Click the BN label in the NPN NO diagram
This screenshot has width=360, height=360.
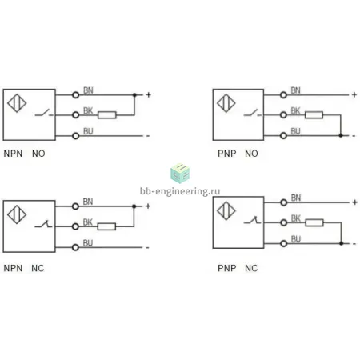click(88, 90)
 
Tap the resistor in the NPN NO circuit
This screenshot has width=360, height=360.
click(107, 115)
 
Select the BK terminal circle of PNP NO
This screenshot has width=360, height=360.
click(283, 115)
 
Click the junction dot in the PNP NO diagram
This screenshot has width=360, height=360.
click(341, 135)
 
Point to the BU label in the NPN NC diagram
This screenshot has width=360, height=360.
click(88, 243)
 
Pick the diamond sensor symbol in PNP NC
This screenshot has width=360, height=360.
click(226, 210)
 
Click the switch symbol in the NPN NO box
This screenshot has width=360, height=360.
click(44, 113)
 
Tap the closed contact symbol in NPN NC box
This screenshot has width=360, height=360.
click(43, 224)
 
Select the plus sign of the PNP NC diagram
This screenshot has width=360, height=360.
click(354, 202)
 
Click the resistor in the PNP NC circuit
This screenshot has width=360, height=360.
click(314, 222)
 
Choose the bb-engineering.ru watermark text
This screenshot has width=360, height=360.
click(180, 191)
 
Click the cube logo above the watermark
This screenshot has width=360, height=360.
click(180, 173)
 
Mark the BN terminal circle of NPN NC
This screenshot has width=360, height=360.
click(75, 206)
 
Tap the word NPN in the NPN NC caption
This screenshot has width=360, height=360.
click(13, 268)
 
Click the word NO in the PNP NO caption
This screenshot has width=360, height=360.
click(251, 154)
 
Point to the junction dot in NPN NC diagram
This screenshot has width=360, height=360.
click(134, 206)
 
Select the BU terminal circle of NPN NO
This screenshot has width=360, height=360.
click(76, 136)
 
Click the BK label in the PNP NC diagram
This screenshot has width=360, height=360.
click(296, 218)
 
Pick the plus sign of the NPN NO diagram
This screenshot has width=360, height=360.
click(149, 94)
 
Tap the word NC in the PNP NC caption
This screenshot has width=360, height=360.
click(251, 268)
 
